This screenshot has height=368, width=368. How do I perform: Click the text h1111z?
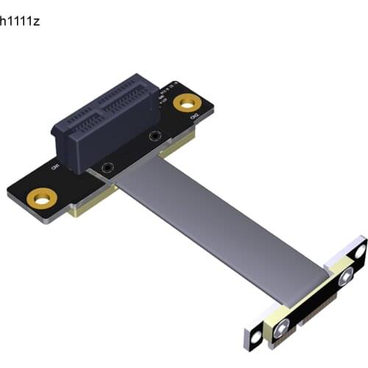20,20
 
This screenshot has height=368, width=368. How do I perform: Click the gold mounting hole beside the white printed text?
185,102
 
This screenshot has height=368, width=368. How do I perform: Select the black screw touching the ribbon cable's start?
108,168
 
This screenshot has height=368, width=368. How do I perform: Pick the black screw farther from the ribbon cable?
155,135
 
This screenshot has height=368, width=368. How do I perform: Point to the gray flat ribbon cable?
206,221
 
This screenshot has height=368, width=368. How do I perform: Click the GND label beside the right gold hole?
195,117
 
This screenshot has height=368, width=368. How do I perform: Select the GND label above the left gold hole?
54,166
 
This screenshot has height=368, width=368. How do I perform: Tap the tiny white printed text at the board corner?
177,83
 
